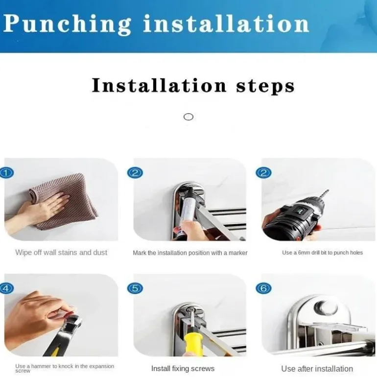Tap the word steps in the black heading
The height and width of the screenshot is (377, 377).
coord(265,86)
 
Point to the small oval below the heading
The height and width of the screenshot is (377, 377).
coord(188,117)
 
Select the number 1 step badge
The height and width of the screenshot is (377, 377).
coord(6,173)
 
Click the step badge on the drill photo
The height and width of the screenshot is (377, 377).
coord(264,173)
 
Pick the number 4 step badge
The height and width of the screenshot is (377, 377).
coord(6,288)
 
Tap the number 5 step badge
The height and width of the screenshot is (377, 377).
coord(135,288)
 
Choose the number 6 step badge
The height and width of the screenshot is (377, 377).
coord(264,288)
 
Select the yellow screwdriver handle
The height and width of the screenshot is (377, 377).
coord(193,342)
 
